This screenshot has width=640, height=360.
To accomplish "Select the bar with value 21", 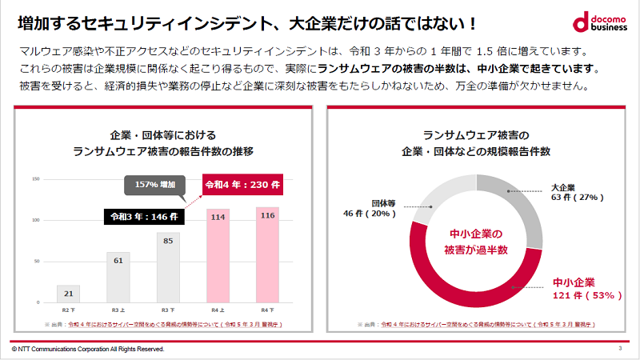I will [x=68, y=294].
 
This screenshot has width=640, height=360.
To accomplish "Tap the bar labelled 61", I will [x=118, y=277].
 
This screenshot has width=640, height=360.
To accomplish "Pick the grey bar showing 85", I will [x=168, y=267].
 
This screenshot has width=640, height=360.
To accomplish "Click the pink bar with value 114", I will [x=218, y=255].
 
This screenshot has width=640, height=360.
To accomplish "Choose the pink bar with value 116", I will [x=267, y=254].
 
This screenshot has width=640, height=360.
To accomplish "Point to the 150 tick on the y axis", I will [x=36, y=178].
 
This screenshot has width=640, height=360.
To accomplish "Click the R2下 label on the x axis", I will [x=68, y=309].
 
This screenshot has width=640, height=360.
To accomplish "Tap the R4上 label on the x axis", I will [x=218, y=309].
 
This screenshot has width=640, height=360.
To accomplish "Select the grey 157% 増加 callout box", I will [x=154, y=186].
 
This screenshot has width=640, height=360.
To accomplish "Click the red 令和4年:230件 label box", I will [x=241, y=186].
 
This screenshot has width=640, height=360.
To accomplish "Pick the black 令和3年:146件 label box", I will [x=145, y=216].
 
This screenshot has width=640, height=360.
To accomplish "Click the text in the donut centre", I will [x=476, y=242].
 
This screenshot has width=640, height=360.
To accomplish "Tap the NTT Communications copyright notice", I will [x=88, y=350].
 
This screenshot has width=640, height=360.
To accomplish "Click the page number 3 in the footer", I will [x=620, y=349].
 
